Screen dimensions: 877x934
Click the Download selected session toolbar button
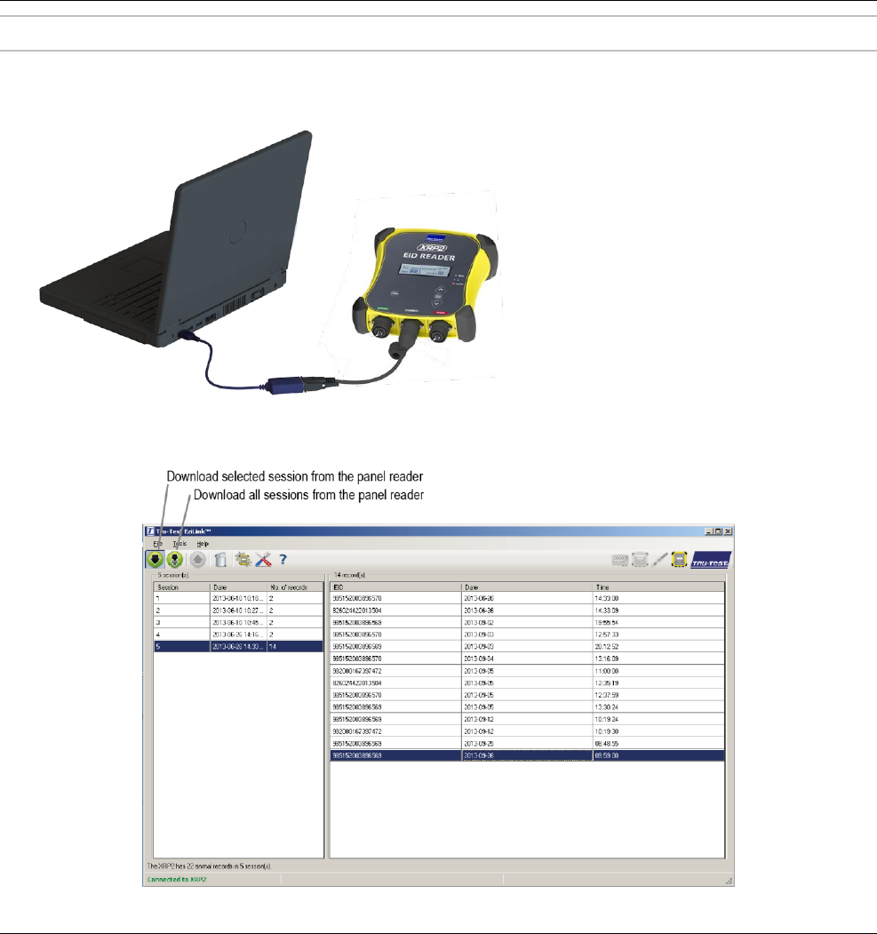tap(155, 560)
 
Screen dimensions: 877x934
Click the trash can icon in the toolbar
tap(219, 560)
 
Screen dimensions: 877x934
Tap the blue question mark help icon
tap(283, 560)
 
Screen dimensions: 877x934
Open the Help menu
tap(203, 543)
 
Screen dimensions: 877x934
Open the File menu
tap(158, 543)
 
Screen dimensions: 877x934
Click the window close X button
tap(728, 531)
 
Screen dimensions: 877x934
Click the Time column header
tap(658, 587)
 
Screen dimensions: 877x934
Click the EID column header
tap(395, 587)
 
